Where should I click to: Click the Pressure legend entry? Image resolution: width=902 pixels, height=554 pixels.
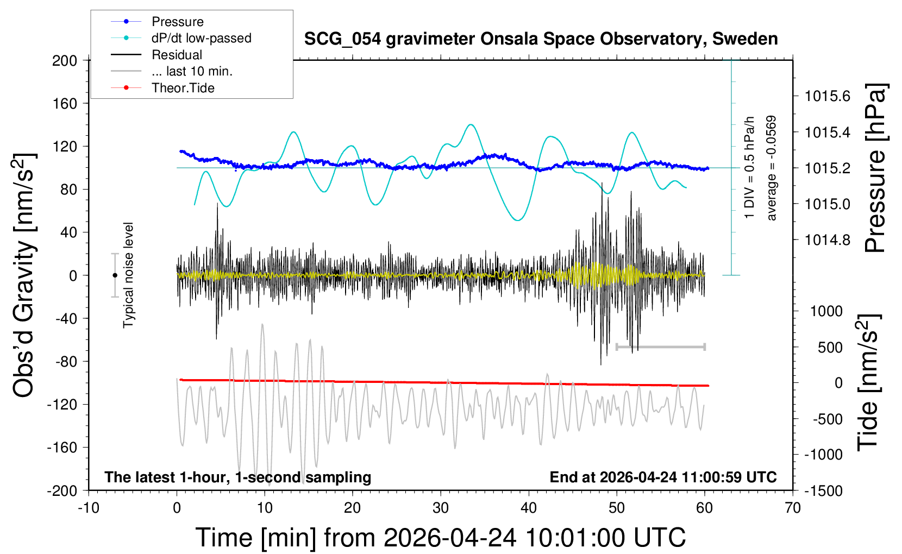(177, 22)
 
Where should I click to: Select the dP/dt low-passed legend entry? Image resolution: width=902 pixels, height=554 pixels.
(201, 38)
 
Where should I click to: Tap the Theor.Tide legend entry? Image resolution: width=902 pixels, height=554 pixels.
(183, 88)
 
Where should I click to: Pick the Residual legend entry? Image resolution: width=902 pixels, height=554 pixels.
(177, 55)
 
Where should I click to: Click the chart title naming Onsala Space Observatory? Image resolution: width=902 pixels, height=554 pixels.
(541, 39)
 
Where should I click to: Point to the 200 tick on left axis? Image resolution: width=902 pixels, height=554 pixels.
(65, 60)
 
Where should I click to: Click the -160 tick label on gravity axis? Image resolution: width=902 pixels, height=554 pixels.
(62, 448)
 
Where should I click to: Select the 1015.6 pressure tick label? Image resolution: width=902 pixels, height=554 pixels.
(828, 96)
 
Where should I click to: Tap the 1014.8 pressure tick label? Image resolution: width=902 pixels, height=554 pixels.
(828, 240)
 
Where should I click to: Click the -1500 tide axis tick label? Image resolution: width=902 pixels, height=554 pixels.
(823, 491)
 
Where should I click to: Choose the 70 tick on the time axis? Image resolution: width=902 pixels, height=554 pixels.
(793, 508)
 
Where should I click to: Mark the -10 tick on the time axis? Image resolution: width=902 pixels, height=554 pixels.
(88, 508)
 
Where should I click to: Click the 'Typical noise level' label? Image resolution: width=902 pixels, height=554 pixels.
(128, 275)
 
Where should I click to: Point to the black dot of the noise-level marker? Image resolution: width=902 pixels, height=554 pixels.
(115, 275)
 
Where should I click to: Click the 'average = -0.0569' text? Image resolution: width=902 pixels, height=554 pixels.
(772, 168)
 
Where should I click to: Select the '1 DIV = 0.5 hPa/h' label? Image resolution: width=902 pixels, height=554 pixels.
(750, 168)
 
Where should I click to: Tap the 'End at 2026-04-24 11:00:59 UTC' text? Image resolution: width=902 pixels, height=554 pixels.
(663, 477)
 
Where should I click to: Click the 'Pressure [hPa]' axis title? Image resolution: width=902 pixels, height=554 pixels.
(875, 168)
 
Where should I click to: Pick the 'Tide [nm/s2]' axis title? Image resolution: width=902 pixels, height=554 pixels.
(868, 382)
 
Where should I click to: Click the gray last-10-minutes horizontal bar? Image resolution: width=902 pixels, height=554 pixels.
(660, 347)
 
